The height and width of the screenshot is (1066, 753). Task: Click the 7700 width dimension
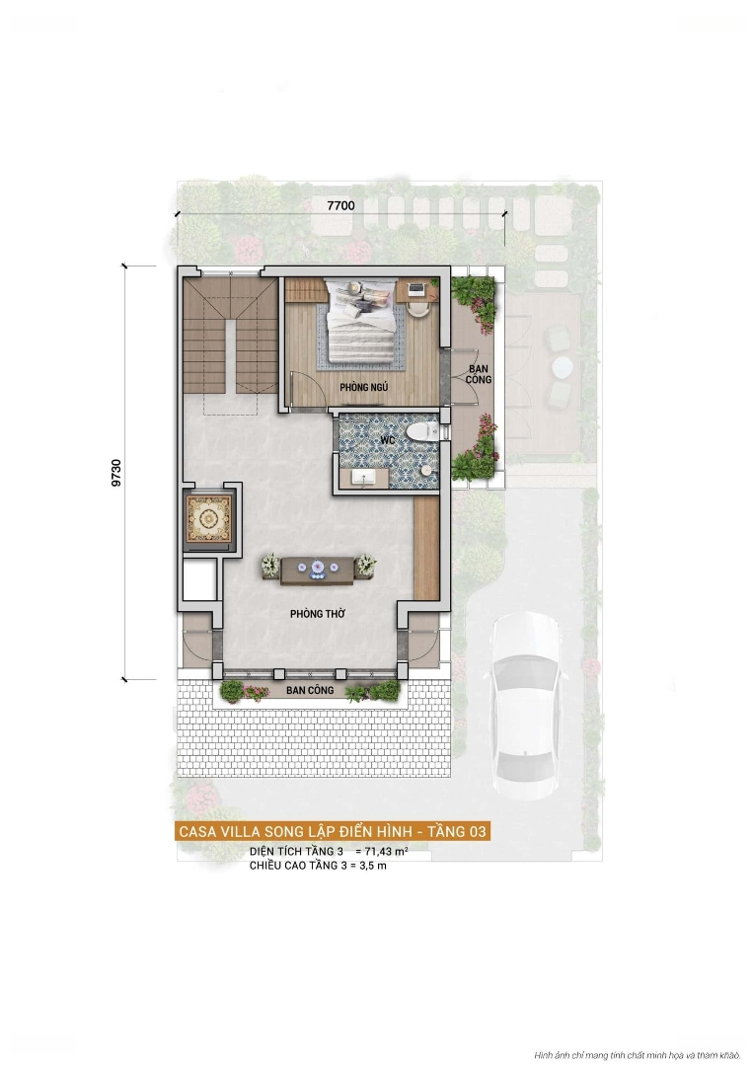point(340,205)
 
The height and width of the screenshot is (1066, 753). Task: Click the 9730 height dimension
point(116,473)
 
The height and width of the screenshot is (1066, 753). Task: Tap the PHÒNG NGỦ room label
point(363,387)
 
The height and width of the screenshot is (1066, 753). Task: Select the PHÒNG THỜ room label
point(318,613)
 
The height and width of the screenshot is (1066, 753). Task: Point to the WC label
point(388,440)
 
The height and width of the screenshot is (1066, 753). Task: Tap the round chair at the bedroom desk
point(418,307)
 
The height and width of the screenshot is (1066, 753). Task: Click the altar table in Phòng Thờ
point(318,570)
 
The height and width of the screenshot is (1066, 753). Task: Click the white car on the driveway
point(528,705)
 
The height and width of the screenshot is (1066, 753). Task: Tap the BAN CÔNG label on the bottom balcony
point(310,690)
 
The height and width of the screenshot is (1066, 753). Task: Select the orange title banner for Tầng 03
point(333,831)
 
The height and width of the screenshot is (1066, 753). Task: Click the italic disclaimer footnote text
point(637,1055)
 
